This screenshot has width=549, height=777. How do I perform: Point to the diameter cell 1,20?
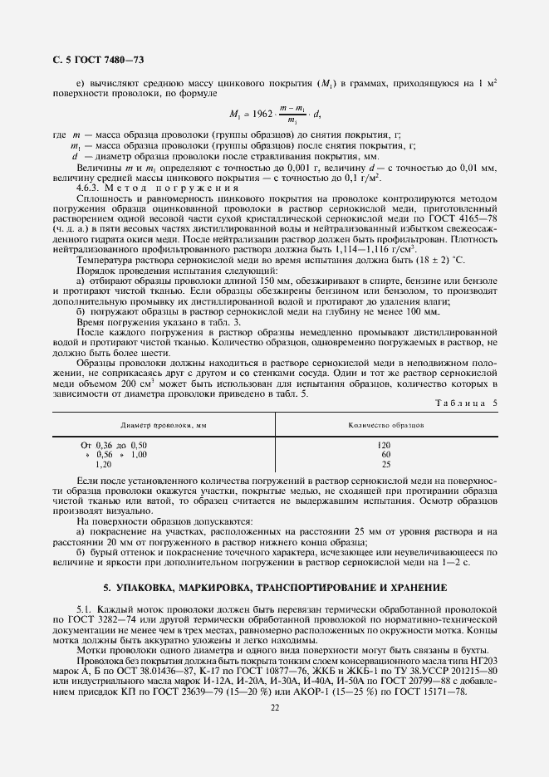[x=105, y=465]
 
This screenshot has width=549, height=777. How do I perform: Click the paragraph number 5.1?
[x=84, y=610]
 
